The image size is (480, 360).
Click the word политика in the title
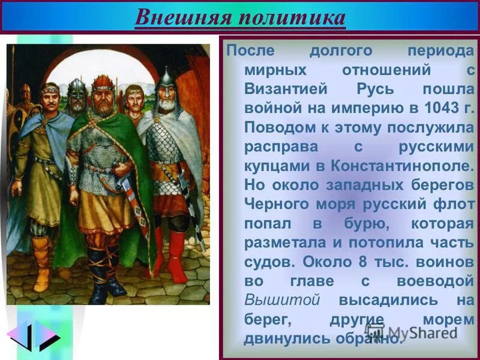[292, 17]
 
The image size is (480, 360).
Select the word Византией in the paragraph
[286, 89]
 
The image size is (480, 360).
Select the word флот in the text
[452, 204]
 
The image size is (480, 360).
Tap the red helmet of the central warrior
[103, 82]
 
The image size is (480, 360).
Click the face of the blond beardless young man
[133, 97]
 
